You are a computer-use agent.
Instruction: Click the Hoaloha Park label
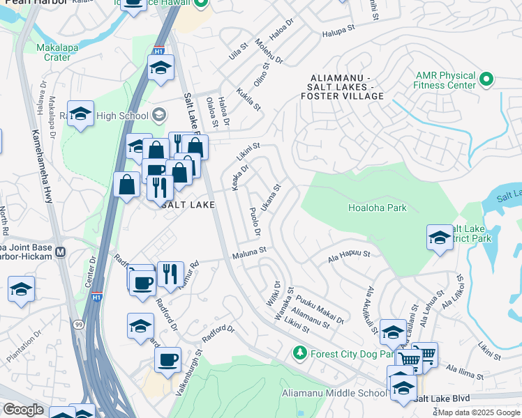click(377, 208)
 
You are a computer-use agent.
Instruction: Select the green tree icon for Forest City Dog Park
click(300, 353)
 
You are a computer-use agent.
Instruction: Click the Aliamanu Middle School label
click(334, 394)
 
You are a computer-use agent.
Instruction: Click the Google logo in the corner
click(23, 410)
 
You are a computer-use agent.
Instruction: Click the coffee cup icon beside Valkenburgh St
click(167, 360)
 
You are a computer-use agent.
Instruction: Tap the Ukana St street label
click(271, 199)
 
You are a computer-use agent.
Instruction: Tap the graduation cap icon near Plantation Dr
click(21, 289)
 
